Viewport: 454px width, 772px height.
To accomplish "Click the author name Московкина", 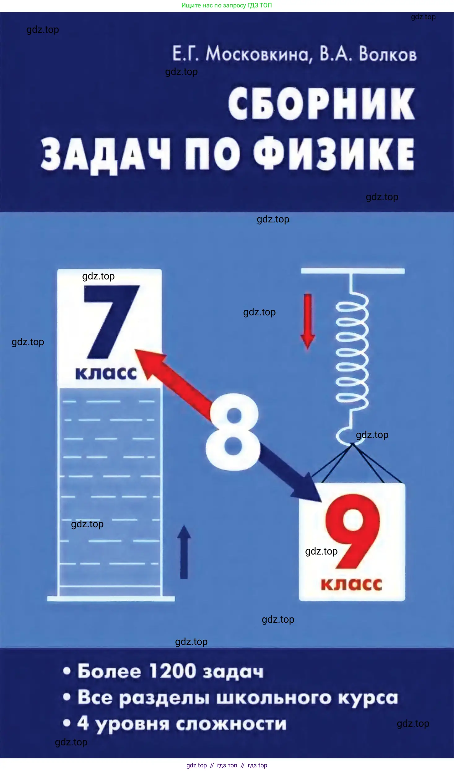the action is point(257,54).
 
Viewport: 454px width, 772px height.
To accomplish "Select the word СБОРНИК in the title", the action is point(321,103).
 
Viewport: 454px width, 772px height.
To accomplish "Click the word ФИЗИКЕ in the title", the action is point(334,153).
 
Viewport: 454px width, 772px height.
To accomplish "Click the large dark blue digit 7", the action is point(112,322).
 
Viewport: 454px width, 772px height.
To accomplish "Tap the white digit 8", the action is point(233,432).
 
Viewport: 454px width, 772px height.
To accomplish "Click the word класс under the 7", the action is point(106,373).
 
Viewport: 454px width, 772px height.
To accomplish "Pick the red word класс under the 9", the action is point(351,585).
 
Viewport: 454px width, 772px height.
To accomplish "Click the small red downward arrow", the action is point(308,322).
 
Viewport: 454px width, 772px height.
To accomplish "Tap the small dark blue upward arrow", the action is point(184,552).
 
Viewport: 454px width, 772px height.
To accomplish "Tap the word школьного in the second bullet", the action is point(274,698).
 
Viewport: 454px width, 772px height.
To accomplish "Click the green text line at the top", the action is point(227,5).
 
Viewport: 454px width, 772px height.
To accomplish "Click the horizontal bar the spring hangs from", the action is point(353,271).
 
